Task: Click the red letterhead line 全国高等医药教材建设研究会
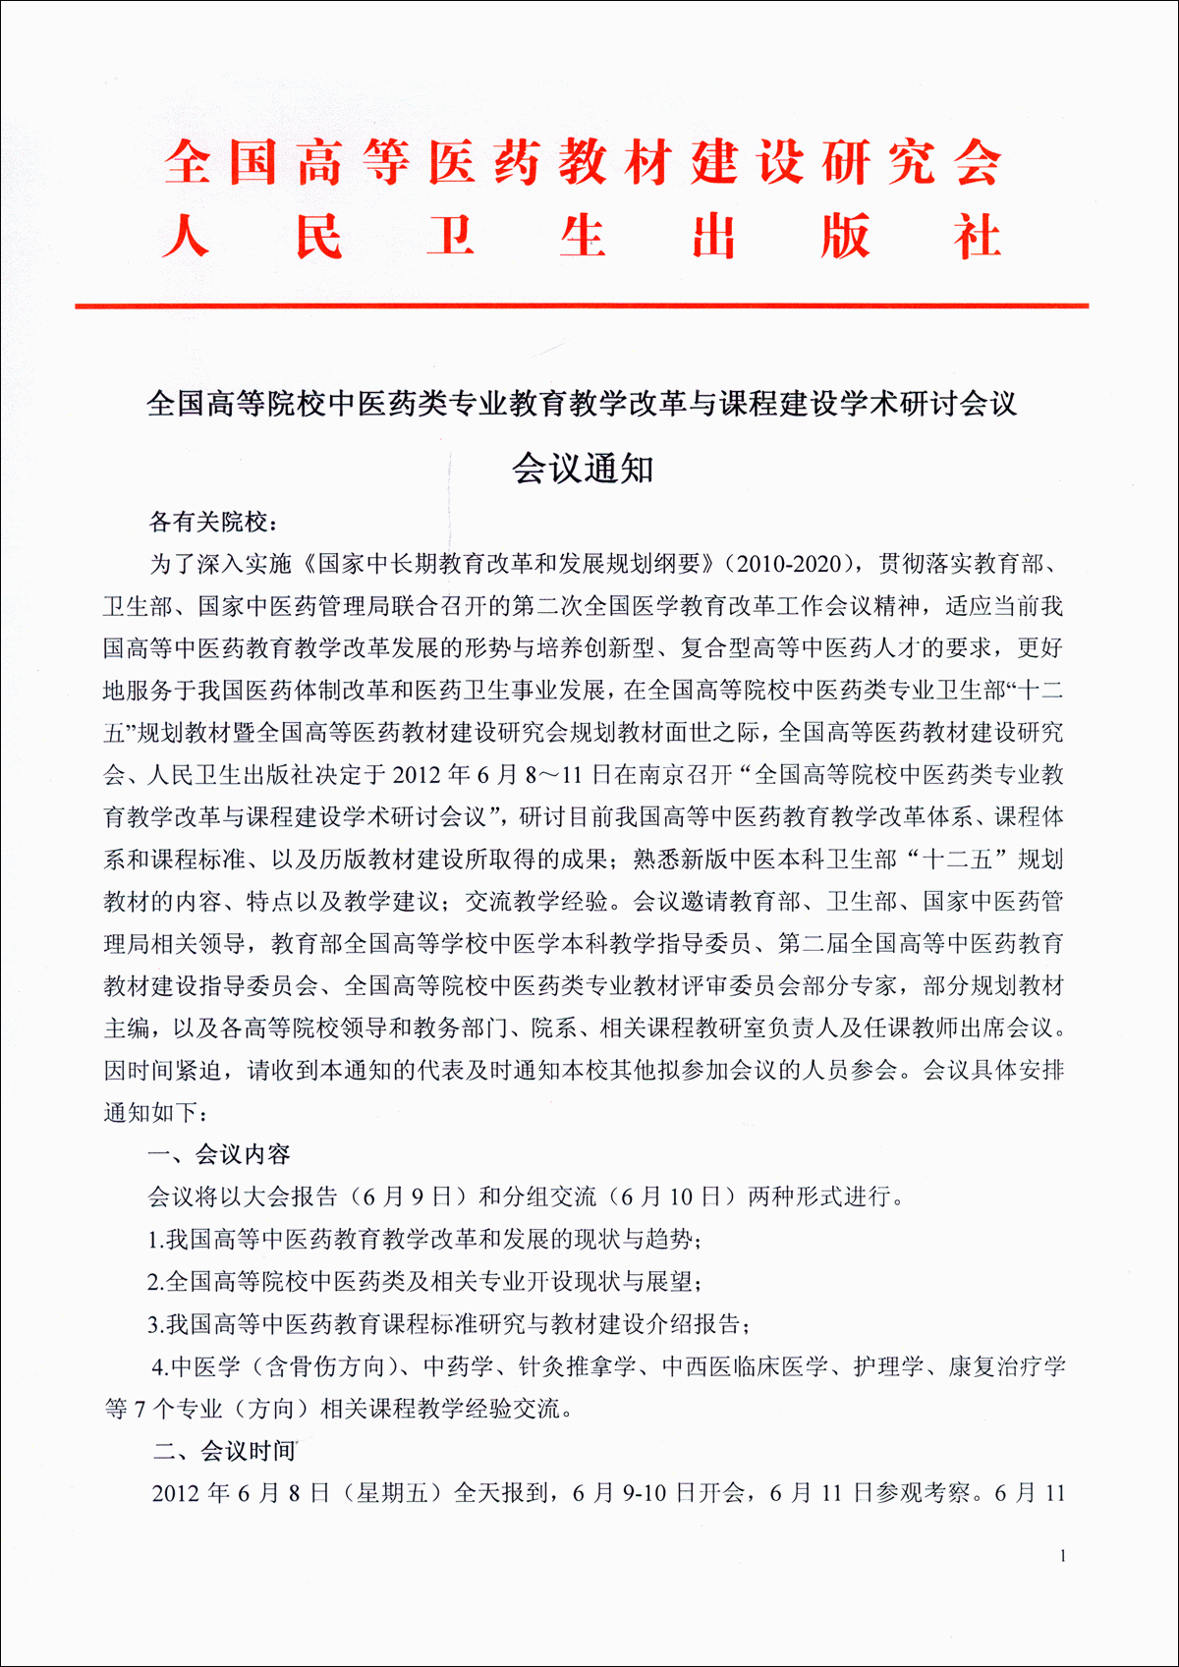(582, 162)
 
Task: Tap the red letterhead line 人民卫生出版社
(582, 237)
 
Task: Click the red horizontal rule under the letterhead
(582, 306)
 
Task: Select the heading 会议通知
(583, 469)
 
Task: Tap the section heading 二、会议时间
(224, 1451)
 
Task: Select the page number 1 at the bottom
(1062, 1556)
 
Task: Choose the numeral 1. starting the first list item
(155, 1240)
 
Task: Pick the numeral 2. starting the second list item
(155, 1282)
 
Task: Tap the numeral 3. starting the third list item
(155, 1324)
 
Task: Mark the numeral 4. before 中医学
(159, 1366)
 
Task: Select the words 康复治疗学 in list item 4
(1006, 1366)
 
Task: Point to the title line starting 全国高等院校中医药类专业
(582, 403)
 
